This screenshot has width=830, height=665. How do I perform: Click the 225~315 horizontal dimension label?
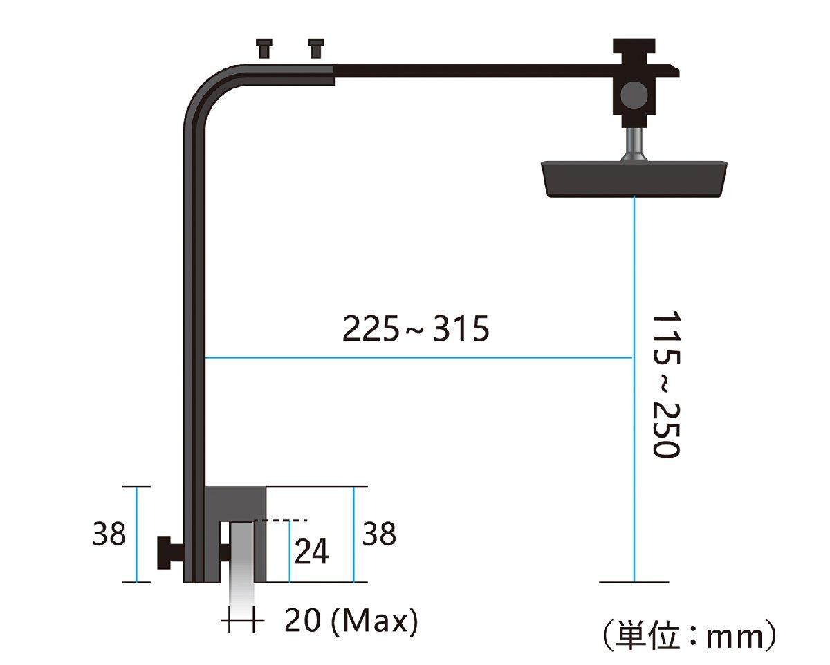coord(416,328)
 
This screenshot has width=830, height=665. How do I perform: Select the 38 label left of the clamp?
coord(109,534)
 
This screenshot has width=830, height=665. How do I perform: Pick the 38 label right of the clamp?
coord(379,534)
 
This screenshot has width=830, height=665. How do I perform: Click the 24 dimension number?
coord(312,552)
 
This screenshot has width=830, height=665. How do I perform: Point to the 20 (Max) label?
coord(351,621)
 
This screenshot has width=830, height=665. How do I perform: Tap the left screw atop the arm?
coord(264,48)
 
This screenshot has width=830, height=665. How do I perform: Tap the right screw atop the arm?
coord(316,48)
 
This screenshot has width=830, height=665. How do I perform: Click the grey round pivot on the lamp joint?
coord(634,95)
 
